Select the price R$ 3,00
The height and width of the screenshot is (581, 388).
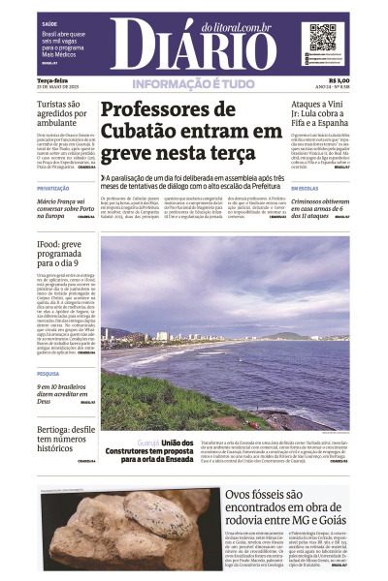339,80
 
